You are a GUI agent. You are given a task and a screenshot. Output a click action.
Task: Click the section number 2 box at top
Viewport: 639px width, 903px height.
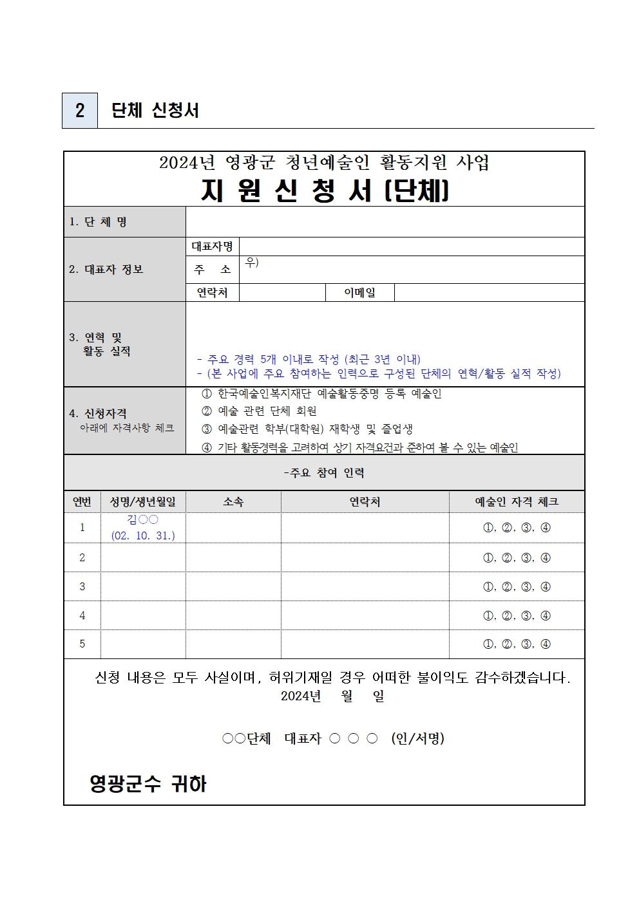point(79,110)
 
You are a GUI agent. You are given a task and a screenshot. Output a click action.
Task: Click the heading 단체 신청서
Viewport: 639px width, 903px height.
point(155,110)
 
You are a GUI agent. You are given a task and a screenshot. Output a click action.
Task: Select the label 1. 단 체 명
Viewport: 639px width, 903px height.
point(98,222)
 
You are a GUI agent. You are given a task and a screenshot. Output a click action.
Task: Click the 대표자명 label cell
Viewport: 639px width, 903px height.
point(212,247)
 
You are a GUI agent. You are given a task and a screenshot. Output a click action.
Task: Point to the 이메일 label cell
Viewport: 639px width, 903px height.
point(359,293)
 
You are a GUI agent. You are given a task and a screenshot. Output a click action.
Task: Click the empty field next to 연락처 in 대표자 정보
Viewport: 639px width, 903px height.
point(281,293)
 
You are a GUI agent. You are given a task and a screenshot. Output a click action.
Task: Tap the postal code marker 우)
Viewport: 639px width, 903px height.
point(252,263)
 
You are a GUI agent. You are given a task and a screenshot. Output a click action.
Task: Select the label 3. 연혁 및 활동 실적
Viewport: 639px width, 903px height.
point(100,344)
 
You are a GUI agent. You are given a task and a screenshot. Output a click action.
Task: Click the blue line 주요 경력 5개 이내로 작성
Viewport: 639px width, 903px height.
point(309,359)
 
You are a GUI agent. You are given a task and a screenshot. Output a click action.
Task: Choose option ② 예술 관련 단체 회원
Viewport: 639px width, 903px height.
point(259,411)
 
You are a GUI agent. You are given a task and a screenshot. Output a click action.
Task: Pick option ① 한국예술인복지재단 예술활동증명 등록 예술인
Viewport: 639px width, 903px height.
point(321,394)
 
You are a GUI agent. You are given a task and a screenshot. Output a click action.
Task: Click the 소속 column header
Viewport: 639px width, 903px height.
point(233,502)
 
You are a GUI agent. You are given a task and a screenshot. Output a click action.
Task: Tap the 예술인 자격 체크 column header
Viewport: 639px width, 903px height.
point(517,502)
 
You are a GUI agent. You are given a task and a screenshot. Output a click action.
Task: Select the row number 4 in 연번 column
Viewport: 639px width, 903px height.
point(82,616)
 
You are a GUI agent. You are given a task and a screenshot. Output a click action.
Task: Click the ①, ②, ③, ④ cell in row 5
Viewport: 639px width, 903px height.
point(517,644)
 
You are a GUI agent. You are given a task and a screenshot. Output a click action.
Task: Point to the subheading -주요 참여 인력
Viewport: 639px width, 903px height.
point(324,473)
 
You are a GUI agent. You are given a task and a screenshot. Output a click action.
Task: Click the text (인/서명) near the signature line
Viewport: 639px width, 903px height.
point(417,739)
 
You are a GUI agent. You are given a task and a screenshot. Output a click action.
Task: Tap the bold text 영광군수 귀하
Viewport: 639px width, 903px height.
point(148,784)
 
